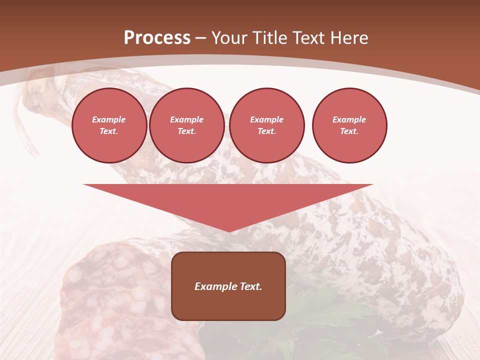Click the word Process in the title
click(157, 38)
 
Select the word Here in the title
click(347, 38)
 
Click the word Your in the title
click(230, 38)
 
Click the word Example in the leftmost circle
click(109, 119)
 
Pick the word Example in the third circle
click(266, 119)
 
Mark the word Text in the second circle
click(186, 131)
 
